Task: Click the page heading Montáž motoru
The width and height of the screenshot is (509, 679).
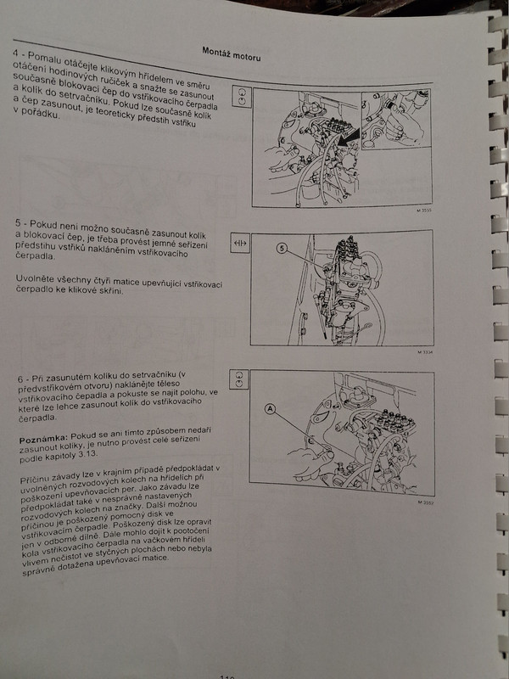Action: pos(232,53)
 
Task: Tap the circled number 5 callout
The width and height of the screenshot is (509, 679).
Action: pos(282,248)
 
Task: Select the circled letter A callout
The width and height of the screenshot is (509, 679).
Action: pos(271,408)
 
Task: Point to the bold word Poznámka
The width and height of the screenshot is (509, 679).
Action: pos(43,439)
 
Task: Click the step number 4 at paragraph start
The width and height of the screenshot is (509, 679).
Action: pos(15,53)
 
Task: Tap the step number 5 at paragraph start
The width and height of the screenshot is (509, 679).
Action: pos(18,223)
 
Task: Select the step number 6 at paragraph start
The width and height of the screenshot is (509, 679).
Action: pos(20,379)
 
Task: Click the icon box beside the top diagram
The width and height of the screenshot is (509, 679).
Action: pos(242,96)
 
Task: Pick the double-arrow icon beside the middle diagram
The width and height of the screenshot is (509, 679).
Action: pos(240,244)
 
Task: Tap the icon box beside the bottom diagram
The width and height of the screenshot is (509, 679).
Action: pos(239,379)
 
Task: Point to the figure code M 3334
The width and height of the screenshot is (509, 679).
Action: pos(426,352)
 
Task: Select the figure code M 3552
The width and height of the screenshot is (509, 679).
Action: pos(426,502)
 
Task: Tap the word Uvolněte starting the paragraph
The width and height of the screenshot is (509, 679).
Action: pos(34,278)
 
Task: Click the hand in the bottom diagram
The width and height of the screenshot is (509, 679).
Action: pos(310,460)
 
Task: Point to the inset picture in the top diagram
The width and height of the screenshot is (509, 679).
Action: pos(396,119)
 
